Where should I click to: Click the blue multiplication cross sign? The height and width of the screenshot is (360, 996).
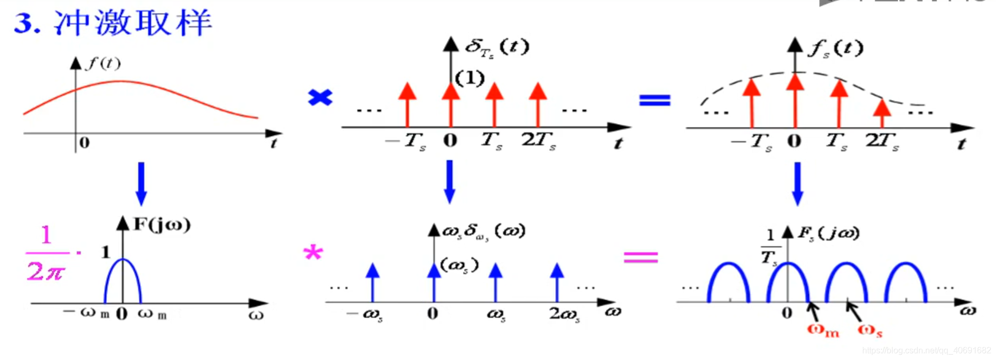(x=320, y=97)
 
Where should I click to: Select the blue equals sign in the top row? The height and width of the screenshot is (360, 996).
(x=654, y=100)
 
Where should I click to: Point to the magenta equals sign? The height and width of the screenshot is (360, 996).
(x=641, y=257)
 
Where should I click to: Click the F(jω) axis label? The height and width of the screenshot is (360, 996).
(x=162, y=224)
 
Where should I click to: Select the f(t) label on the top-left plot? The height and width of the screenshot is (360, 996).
(x=104, y=63)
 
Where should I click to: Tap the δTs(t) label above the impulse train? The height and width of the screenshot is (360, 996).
(x=497, y=48)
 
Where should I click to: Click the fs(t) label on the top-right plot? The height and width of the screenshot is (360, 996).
(x=835, y=49)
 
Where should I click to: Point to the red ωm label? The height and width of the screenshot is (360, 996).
(x=823, y=331)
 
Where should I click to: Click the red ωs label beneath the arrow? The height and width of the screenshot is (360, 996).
(x=870, y=331)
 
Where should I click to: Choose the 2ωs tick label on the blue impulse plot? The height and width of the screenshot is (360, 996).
(x=564, y=314)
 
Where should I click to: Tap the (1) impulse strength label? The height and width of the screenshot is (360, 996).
(x=469, y=78)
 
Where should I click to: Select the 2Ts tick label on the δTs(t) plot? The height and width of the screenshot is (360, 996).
(x=538, y=141)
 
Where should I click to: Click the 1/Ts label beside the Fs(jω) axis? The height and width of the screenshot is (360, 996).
(x=770, y=247)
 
